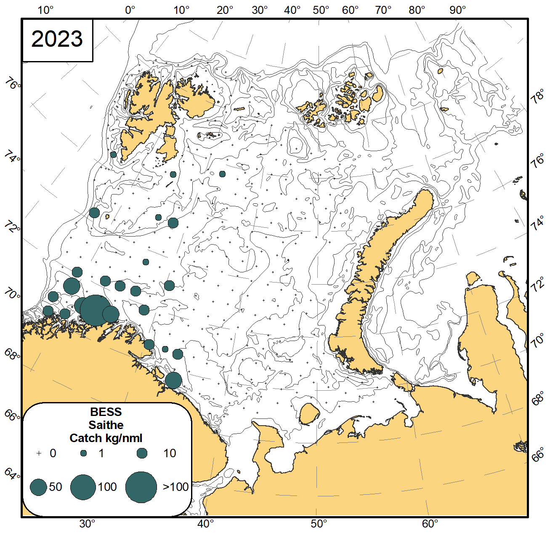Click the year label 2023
coord(57,39)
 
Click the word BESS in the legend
coord(106,412)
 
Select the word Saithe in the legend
coord(106,425)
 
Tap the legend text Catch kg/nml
coord(106,438)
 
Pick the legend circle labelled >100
coord(141,487)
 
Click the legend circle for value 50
coord(38,487)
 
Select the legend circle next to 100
coord(83,487)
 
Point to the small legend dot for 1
coord(84,453)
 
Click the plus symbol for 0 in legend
coord(39,453)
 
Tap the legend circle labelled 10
coord(142,453)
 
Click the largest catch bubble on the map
coord(96,311)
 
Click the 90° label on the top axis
coord(457,10)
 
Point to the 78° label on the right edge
coord(537,99)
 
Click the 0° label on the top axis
coord(130,10)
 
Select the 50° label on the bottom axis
coord(319,524)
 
